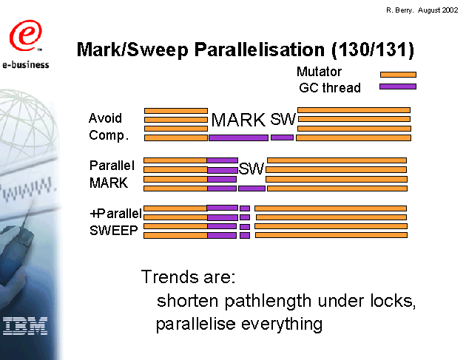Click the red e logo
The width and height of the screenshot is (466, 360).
(26, 35)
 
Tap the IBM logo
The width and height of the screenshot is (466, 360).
(25, 326)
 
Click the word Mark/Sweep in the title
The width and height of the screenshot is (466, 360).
(132, 50)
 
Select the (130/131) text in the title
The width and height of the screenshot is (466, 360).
(373, 50)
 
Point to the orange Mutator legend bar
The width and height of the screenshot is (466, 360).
(398, 75)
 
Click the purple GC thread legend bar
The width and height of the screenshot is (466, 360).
(398, 86)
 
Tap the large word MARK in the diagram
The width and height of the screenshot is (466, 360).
(238, 120)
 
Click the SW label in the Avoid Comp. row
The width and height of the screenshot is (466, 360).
(283, 119)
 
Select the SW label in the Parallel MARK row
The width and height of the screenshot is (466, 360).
(251, 169)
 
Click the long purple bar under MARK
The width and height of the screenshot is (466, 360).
(238, 137)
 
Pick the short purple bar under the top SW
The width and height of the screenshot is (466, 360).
(282, 137)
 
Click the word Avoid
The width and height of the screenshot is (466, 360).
(105, 118)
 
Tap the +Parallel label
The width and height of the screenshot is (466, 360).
(115, 214)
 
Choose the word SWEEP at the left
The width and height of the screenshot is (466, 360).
(114, 231)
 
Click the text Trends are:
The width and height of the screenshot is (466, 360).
(188, 276)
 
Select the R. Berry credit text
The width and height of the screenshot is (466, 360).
(422, 10)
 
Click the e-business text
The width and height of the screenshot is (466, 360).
(26, 64)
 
